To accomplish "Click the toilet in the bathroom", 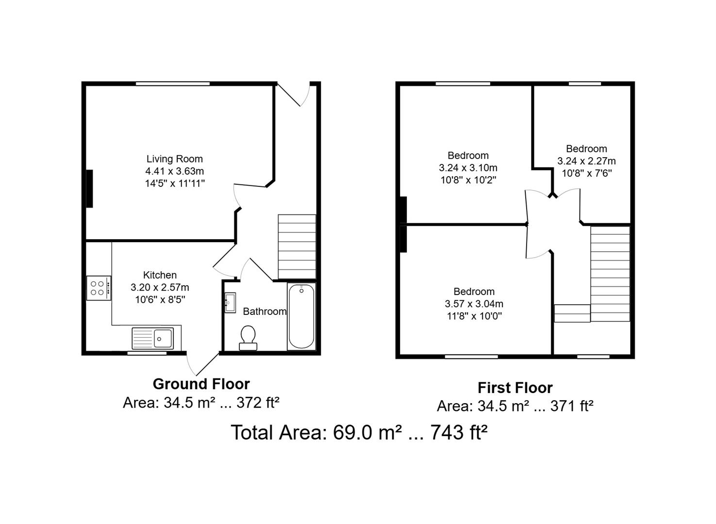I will pyautogui.click(x=248, y=337).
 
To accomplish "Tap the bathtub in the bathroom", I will pyautogui.click(x=301, y=316).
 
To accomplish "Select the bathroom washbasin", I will pyautogui.click(x=230, y=303).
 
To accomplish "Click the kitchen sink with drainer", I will pyautogui.click(x=152, y=338).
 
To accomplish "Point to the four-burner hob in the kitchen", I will pyautogui.click(x=99, y=288).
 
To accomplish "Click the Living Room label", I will pyautogui.click(x=175, y=159).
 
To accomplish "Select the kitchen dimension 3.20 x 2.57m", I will pyautogui.click(x=160, y=287).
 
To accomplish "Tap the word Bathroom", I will pyautogui.click(x=265, y=311).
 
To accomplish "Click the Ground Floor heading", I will pyautogui.click(x=201, y=384).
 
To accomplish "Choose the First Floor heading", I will pyautogui.click(x=515, y=388).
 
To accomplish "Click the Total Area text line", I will pyautogui.click(x=358, y=432).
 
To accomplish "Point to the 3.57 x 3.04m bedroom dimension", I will pyautogui.click(x=474, y=304).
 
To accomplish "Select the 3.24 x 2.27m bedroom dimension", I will pyautogui.click(x=586, y=161).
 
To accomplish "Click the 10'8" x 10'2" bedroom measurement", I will pyautogui.click(x=468, y=180).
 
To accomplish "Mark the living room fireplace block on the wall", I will pyautogui.click(x=89, y=189).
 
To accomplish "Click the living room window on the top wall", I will pyautogui.click(x=173, y=84).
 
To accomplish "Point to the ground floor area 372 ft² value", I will pyautogui.click(x=258, y=403).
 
